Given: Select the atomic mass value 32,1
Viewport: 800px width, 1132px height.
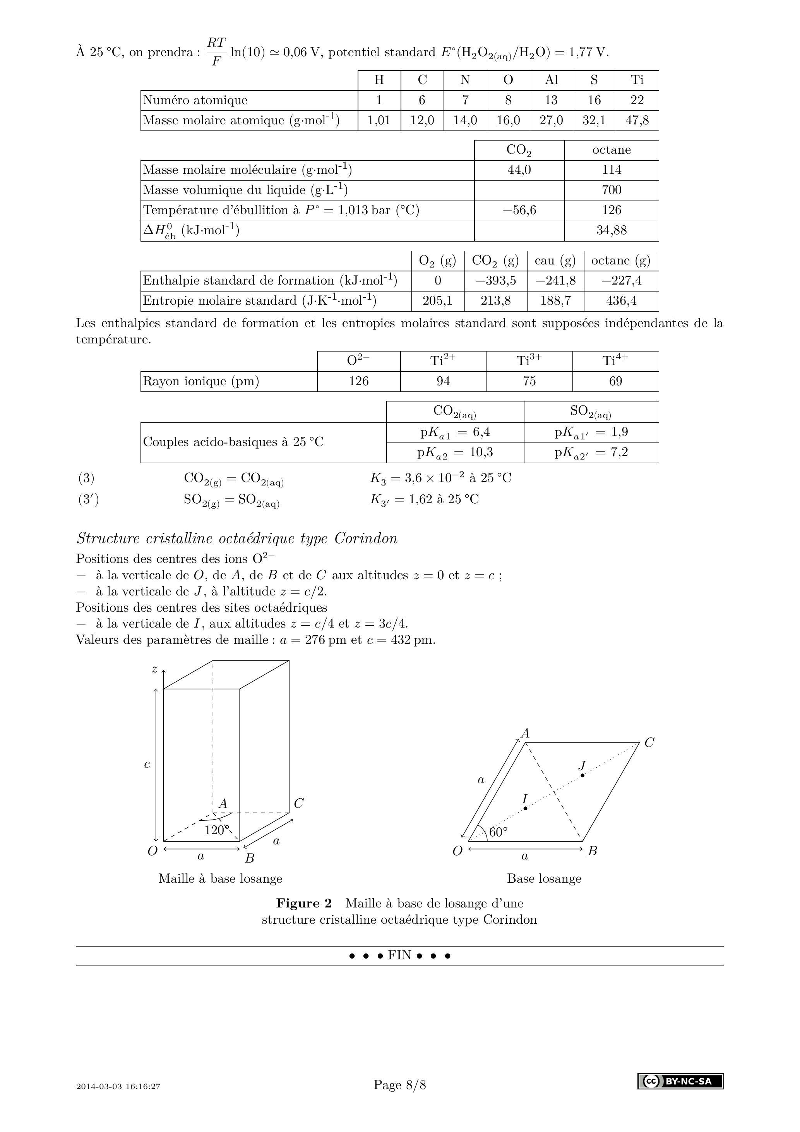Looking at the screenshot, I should [594, 120].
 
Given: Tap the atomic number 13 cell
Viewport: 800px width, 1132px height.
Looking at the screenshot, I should [551, 100].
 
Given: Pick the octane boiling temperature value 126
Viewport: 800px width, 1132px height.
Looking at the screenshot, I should [611, 210].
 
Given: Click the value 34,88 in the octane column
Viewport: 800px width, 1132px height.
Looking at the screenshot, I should [611, 230].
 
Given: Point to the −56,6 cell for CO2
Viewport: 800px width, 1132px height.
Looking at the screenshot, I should [519, 210].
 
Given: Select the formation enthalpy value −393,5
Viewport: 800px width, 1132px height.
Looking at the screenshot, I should [495, 281].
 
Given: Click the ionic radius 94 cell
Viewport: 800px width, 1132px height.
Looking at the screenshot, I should [443, 381].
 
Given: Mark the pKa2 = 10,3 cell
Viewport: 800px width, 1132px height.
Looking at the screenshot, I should [455, 453].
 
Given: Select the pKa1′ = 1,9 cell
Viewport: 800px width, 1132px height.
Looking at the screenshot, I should [591, 432].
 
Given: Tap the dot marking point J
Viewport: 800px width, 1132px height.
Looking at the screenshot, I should [582, 775].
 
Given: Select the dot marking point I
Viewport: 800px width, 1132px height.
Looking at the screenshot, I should [526, 808].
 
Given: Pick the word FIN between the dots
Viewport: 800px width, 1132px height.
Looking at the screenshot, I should [399, 955].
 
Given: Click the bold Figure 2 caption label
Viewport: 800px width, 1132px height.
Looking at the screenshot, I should [304, 903].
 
